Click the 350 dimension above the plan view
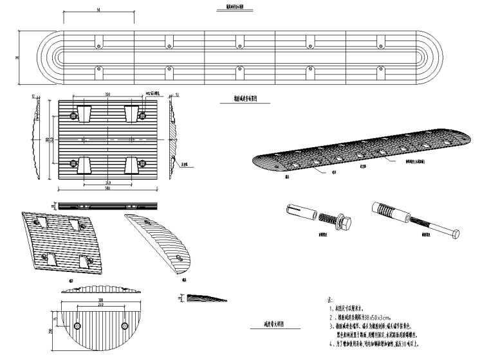[106, 94]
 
